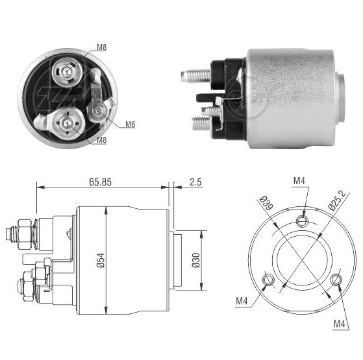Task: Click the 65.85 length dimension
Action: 100,182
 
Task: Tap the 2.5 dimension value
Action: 195,182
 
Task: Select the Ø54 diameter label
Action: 101,261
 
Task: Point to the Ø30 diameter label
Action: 196,260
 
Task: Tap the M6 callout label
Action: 130,125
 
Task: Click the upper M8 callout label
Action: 101,47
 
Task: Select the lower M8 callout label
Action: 101,139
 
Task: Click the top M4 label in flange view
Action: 299,181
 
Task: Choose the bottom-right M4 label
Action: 339,324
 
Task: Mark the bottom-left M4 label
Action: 242,301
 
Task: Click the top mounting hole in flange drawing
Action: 303,221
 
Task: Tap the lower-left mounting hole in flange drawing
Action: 269,280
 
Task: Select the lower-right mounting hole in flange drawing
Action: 336,280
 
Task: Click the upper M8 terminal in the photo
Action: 67,71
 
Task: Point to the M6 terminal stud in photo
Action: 97,111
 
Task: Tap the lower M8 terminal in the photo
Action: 68,123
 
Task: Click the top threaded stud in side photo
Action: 195,76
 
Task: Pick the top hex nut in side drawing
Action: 24,234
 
